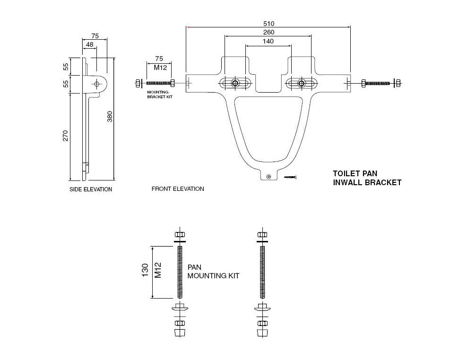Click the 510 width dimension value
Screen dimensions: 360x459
click(268, 23)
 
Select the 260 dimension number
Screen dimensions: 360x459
click(268, 32)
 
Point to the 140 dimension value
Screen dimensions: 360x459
click(268, 41)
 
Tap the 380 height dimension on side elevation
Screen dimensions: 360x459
click(110, 116)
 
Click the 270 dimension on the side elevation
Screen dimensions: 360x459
click(65, 136)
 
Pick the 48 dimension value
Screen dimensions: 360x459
click(89, 44)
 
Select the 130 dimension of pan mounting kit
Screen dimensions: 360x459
click(146, 271)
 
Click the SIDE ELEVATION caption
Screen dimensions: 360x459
click(91, 189)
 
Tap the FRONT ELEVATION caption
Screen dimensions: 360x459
click(178, 189)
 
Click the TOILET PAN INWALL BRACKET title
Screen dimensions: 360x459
click(367, 178)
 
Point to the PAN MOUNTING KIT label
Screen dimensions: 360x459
click(213, 271)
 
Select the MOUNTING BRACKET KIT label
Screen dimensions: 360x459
click(158, 94)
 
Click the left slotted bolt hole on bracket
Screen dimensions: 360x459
click(235, 83)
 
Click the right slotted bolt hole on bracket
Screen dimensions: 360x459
click(301, 83)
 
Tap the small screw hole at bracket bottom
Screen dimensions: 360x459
click(269, 176)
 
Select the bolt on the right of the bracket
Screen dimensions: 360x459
click(381, 83)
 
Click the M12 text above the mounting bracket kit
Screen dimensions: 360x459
click(159, 67)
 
